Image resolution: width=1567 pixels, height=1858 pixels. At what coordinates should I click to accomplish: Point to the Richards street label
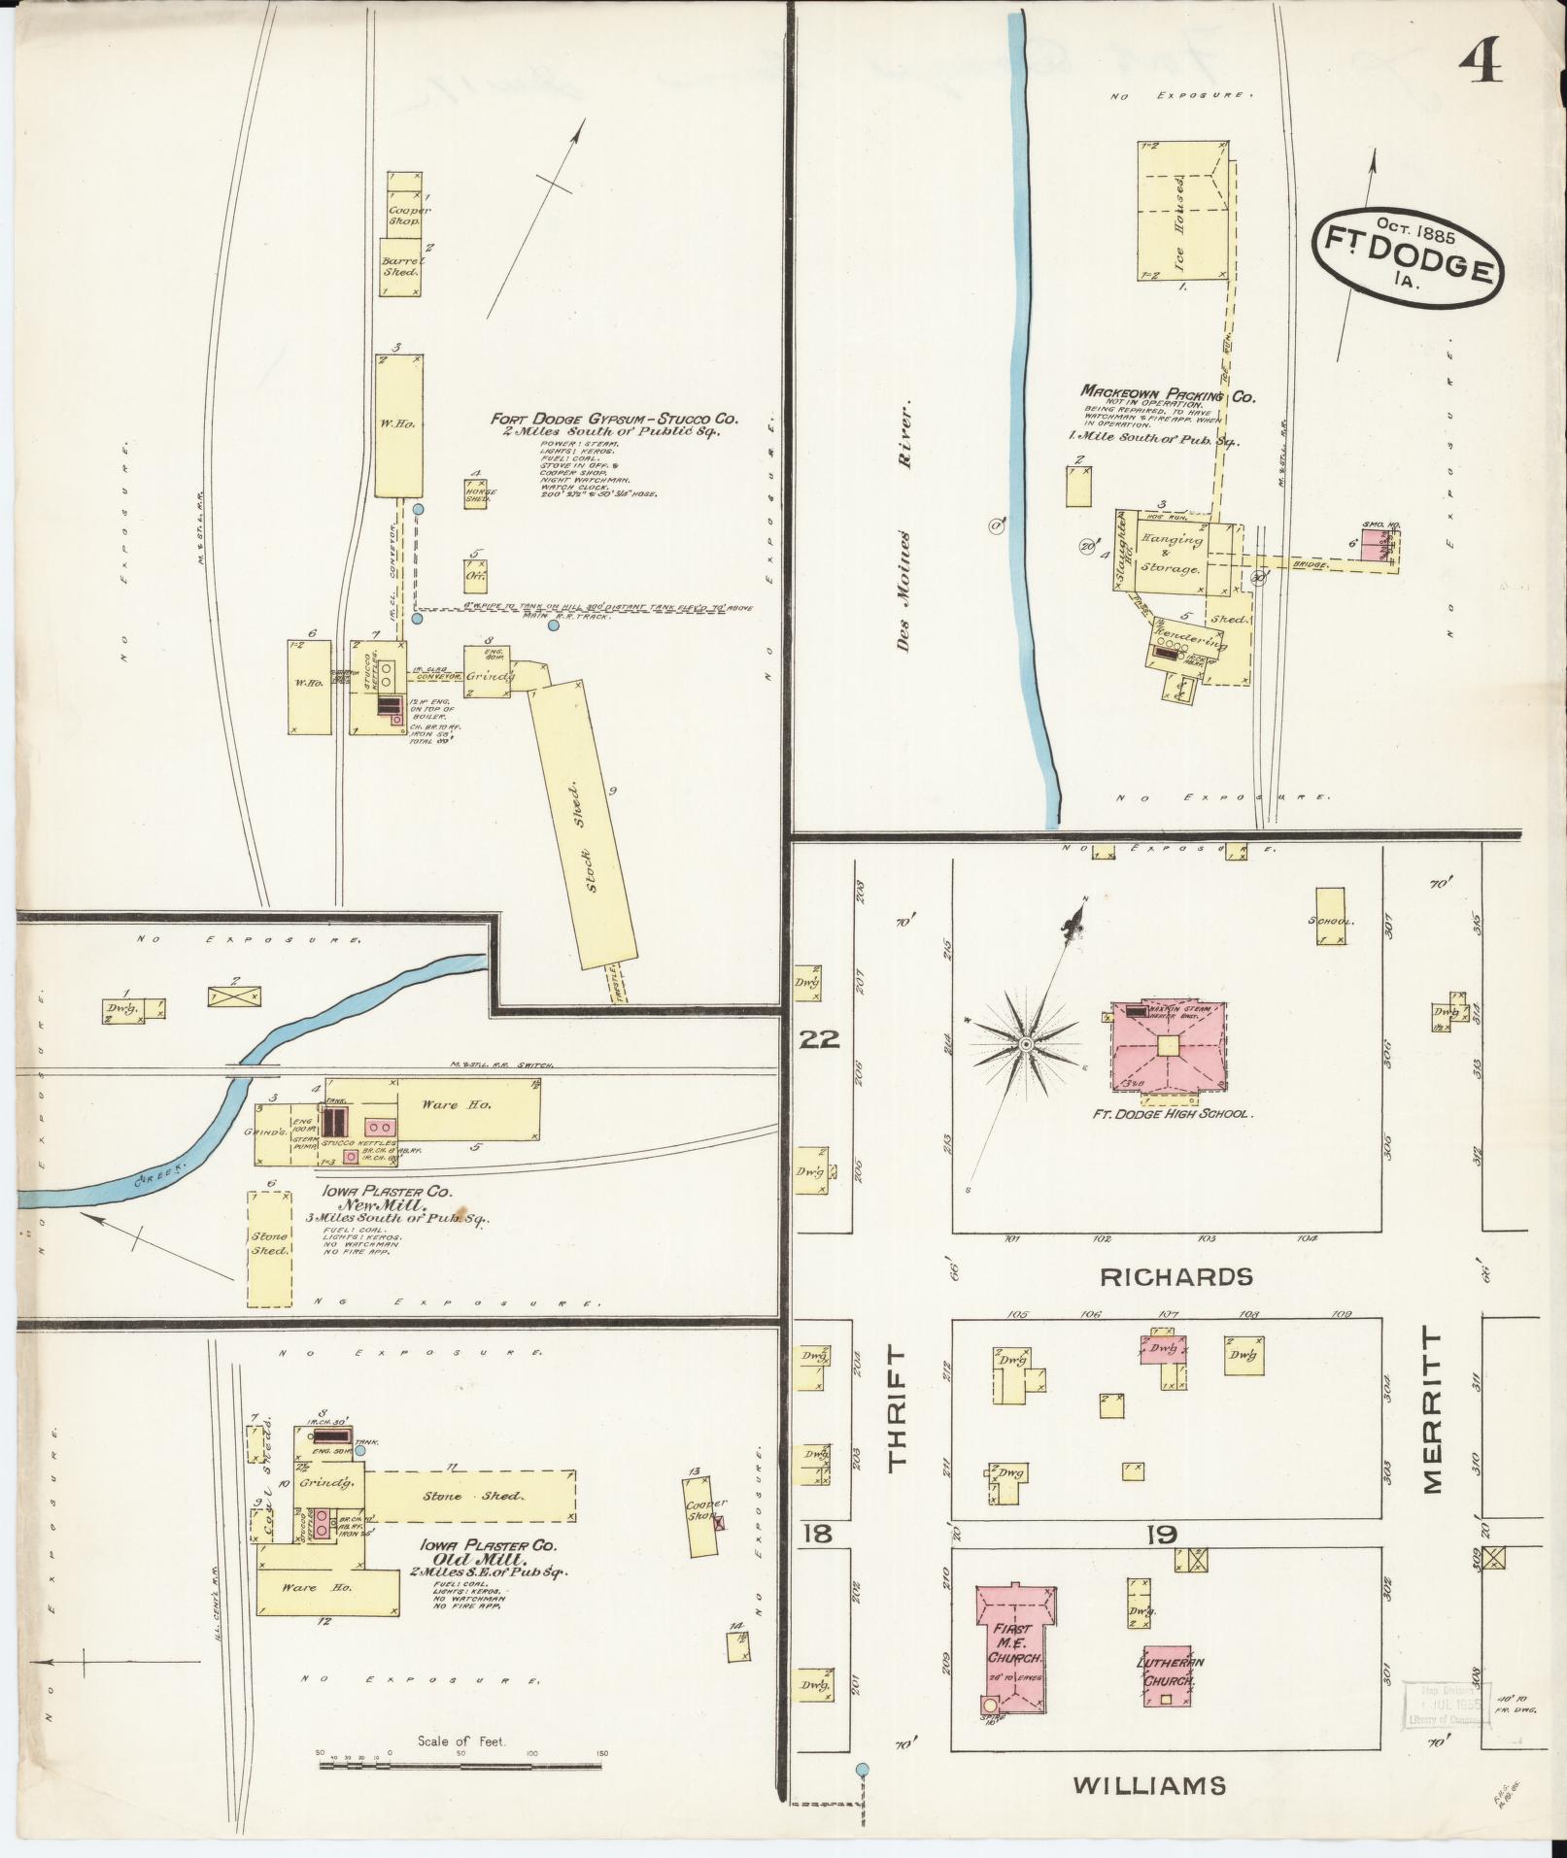pos(1176,1276)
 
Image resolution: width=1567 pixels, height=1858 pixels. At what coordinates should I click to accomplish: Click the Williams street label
pos(1149,1784)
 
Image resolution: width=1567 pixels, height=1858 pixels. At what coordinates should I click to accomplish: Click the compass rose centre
pos(1025,1044)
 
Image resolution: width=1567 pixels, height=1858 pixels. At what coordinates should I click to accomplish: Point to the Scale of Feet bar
pos(460,1764)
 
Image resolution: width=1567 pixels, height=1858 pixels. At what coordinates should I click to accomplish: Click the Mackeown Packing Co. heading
pos(1168,396)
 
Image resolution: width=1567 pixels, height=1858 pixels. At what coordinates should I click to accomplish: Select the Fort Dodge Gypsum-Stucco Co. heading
pos(615,420)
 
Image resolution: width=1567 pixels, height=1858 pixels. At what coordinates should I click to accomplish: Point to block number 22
pos(819,1040)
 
